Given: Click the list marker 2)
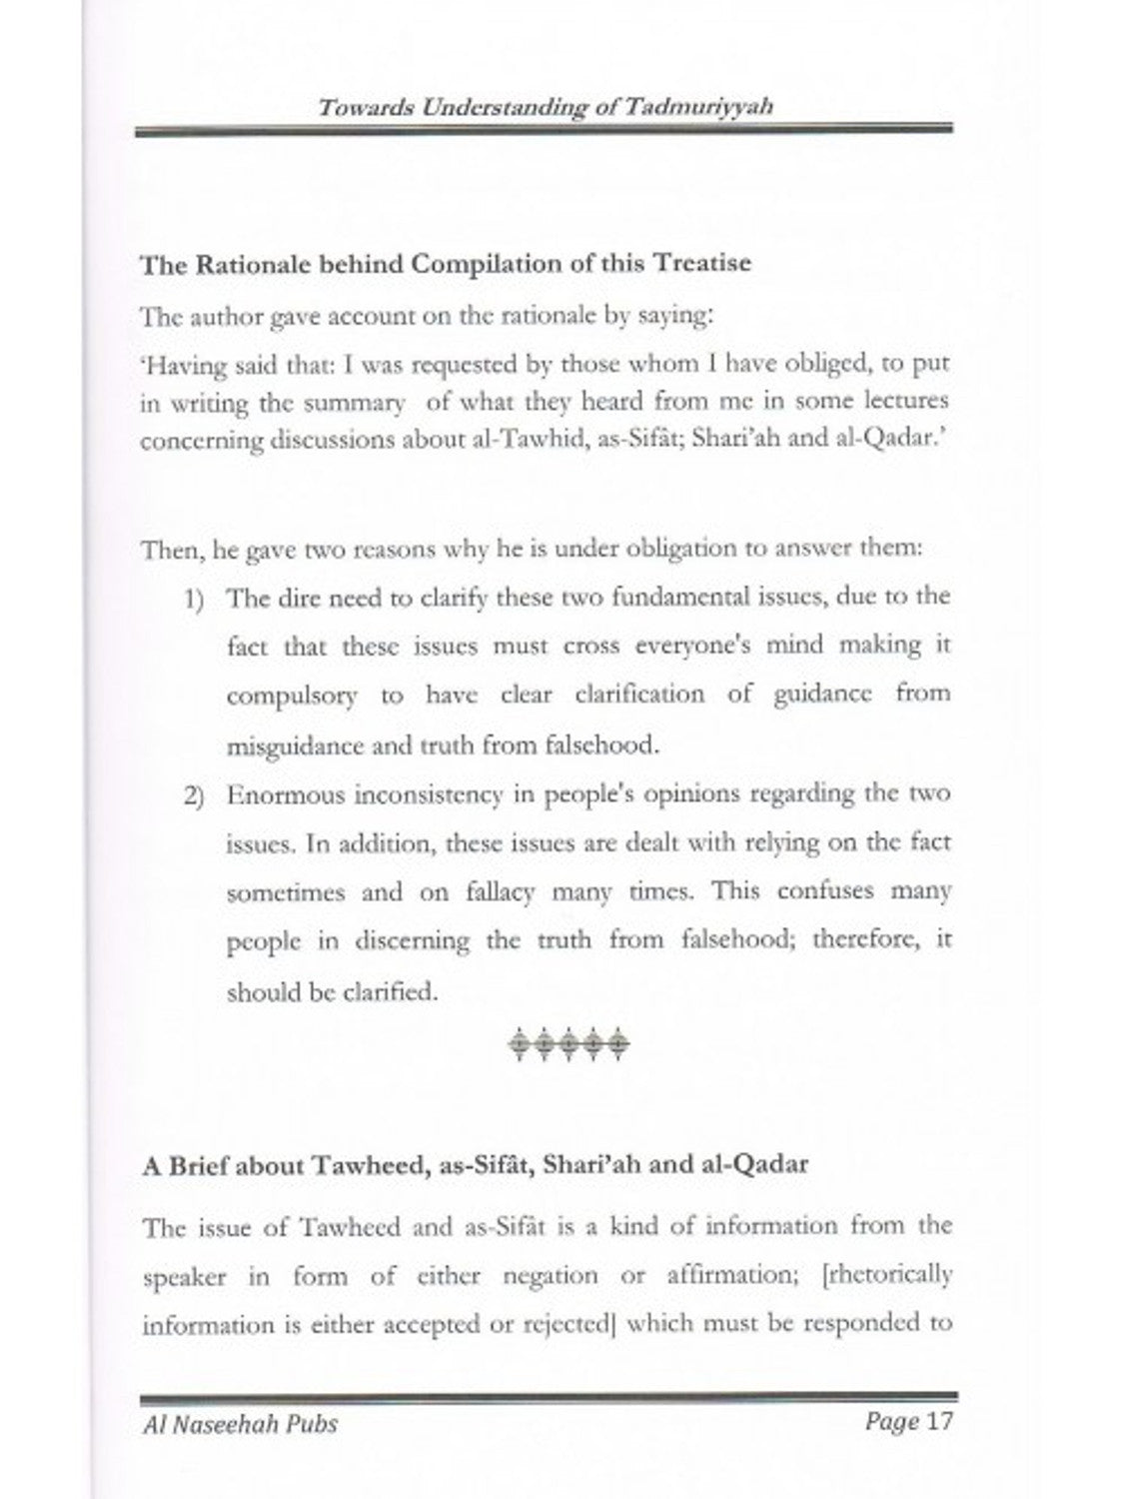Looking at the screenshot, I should tap(194, 796).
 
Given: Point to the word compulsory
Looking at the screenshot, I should tap(291, 696).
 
